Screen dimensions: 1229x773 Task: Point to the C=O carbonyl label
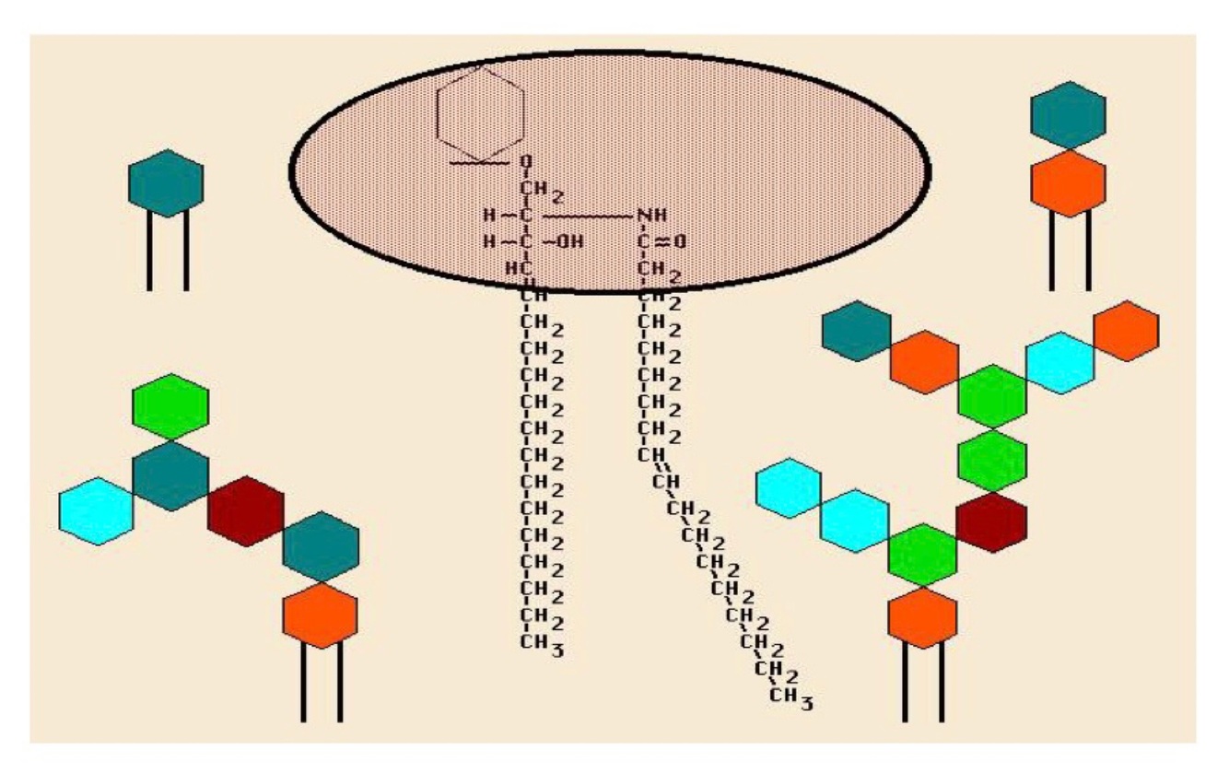[x=661, y=242]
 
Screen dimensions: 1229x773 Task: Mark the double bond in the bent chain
[x=656, y=469]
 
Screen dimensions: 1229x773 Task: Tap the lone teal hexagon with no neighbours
[x=166, y=183]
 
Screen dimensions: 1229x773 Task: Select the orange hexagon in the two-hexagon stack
[x=1068, y=183]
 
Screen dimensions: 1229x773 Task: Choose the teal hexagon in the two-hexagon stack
[x=1068, y=114]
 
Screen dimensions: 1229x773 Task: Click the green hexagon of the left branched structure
[x=170, y=406]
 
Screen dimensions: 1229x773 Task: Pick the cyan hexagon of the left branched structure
[x=96, y=510]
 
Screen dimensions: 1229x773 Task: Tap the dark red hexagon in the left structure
[x=245, y=511]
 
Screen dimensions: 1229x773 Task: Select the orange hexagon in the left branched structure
[x=320, y=615]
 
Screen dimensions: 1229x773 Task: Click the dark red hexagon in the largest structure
[x=991, y=522]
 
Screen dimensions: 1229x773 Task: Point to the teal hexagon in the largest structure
[x=856, y=329]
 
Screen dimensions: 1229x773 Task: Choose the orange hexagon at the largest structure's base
[x=922, y=616]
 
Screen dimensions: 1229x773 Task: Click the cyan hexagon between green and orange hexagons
[x=1059, y=362]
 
